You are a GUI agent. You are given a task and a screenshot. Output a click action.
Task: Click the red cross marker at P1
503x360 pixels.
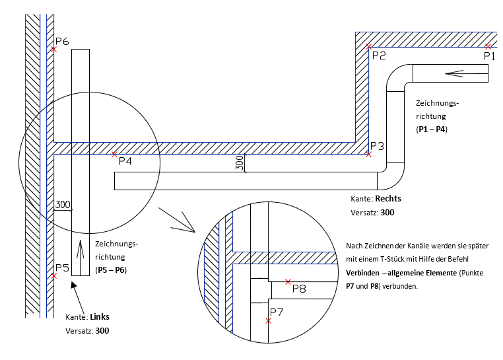click(488, 47)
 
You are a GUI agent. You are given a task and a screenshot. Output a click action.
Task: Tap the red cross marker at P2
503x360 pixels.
click(369, 47)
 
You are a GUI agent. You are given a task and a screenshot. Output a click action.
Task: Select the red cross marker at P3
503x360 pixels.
click(368, 155)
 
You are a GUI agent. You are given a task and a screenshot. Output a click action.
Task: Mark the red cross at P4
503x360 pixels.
click(114, 155)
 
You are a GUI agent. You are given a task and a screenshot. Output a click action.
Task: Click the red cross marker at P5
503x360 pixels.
click(54, 276)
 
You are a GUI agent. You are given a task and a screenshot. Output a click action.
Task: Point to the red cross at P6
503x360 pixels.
click(54, 49)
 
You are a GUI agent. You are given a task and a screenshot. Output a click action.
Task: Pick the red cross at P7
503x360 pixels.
click(268, 321)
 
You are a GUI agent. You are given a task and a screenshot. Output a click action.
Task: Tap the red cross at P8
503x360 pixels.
click(288, 281)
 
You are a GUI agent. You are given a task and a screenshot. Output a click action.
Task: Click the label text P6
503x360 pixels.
click(62, 41)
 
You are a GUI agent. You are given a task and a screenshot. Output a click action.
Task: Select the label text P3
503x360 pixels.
click(378, 146)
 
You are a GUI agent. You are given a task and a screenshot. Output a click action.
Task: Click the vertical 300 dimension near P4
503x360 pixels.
click(240, 163)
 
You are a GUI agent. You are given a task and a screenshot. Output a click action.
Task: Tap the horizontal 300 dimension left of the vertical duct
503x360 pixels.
click(63, 205)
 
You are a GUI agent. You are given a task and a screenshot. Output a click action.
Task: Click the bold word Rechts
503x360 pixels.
click(388, 198)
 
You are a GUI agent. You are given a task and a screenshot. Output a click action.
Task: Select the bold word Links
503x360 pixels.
click(100, 316)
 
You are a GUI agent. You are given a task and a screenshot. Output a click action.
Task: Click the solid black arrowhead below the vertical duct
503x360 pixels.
click(73, 285)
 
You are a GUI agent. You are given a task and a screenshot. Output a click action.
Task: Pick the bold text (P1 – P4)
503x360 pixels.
click(432, 129)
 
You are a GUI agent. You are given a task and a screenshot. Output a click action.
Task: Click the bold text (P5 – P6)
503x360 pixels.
click(111, 270)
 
